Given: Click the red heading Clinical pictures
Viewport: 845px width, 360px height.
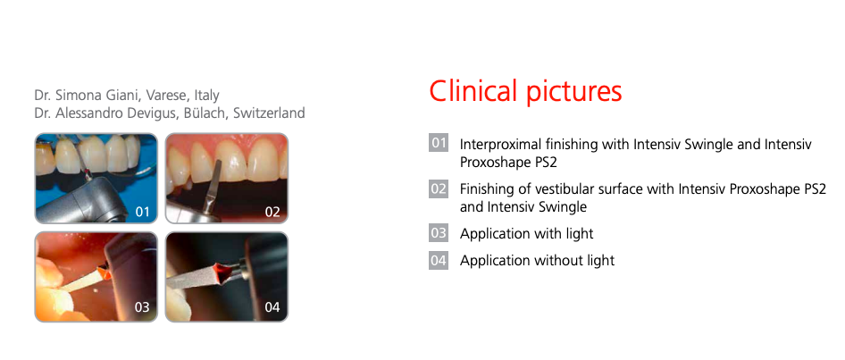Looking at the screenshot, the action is click(525, 91).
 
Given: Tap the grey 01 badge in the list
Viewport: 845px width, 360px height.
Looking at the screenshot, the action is click(439, 143).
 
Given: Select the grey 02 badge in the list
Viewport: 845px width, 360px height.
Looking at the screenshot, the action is click(439, 188).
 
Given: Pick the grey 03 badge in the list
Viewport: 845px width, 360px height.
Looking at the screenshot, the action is click(439, 233).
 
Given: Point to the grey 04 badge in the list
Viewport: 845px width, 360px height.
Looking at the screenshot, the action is click(439, 260).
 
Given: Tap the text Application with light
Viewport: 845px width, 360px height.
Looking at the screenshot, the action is click(526, 234).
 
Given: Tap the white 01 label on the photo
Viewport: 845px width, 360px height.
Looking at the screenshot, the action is click(142, 212).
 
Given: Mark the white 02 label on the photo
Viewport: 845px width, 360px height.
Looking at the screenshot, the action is click(272, 212).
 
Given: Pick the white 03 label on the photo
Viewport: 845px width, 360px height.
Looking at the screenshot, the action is click(142, 307).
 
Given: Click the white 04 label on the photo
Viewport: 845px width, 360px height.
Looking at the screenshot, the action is click(272, 307).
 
